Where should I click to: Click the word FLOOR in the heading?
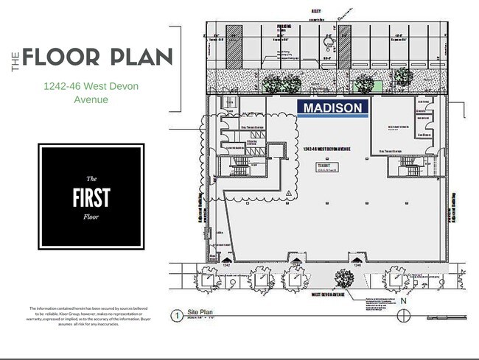(64, 57)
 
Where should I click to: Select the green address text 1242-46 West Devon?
(91, 87)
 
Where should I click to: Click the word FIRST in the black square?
(91, 197)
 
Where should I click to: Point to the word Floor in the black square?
(91, 217)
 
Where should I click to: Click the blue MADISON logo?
(334, 107)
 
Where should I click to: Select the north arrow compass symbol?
(403, 315)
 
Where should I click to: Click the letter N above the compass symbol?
(403, 301)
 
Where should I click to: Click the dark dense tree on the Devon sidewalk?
(343, 278)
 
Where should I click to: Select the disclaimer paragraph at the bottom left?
(89, 316)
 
